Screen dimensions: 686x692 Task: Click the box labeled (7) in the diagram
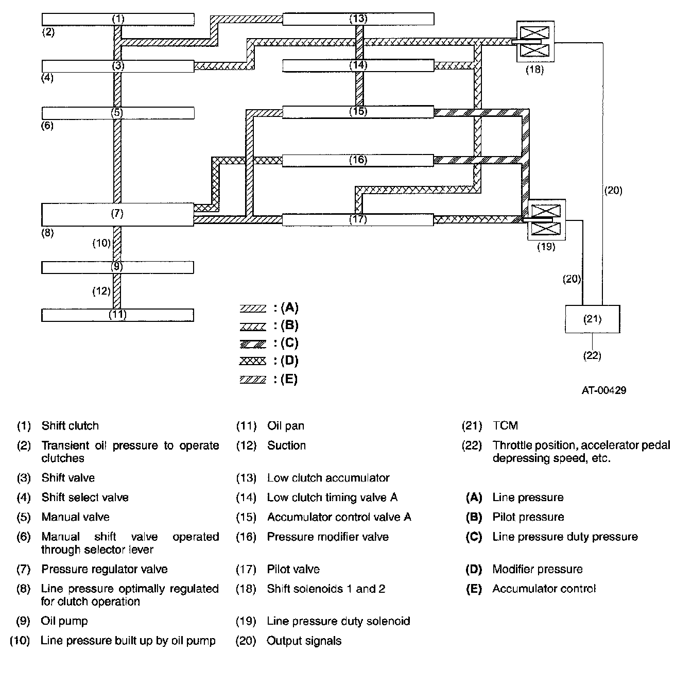117,214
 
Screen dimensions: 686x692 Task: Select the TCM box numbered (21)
592,319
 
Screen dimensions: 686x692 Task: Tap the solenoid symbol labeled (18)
535,42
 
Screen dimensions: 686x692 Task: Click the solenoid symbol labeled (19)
546,220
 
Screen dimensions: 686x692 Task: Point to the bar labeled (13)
358,19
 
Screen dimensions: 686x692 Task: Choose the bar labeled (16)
358,160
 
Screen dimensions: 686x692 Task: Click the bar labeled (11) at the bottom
117,315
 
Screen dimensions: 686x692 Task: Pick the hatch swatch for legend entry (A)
253,309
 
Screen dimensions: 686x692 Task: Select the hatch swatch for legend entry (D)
253,361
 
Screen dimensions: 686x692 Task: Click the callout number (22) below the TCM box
592,355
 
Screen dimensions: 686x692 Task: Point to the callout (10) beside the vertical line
102,243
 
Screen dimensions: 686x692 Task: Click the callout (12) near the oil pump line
101,291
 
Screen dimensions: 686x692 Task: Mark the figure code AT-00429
604,390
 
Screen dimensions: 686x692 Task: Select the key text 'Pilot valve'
293,569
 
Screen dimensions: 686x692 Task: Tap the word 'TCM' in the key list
505,426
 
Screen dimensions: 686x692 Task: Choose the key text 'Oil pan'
286,426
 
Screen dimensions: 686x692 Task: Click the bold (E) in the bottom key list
474,589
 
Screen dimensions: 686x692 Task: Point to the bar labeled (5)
117,113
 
